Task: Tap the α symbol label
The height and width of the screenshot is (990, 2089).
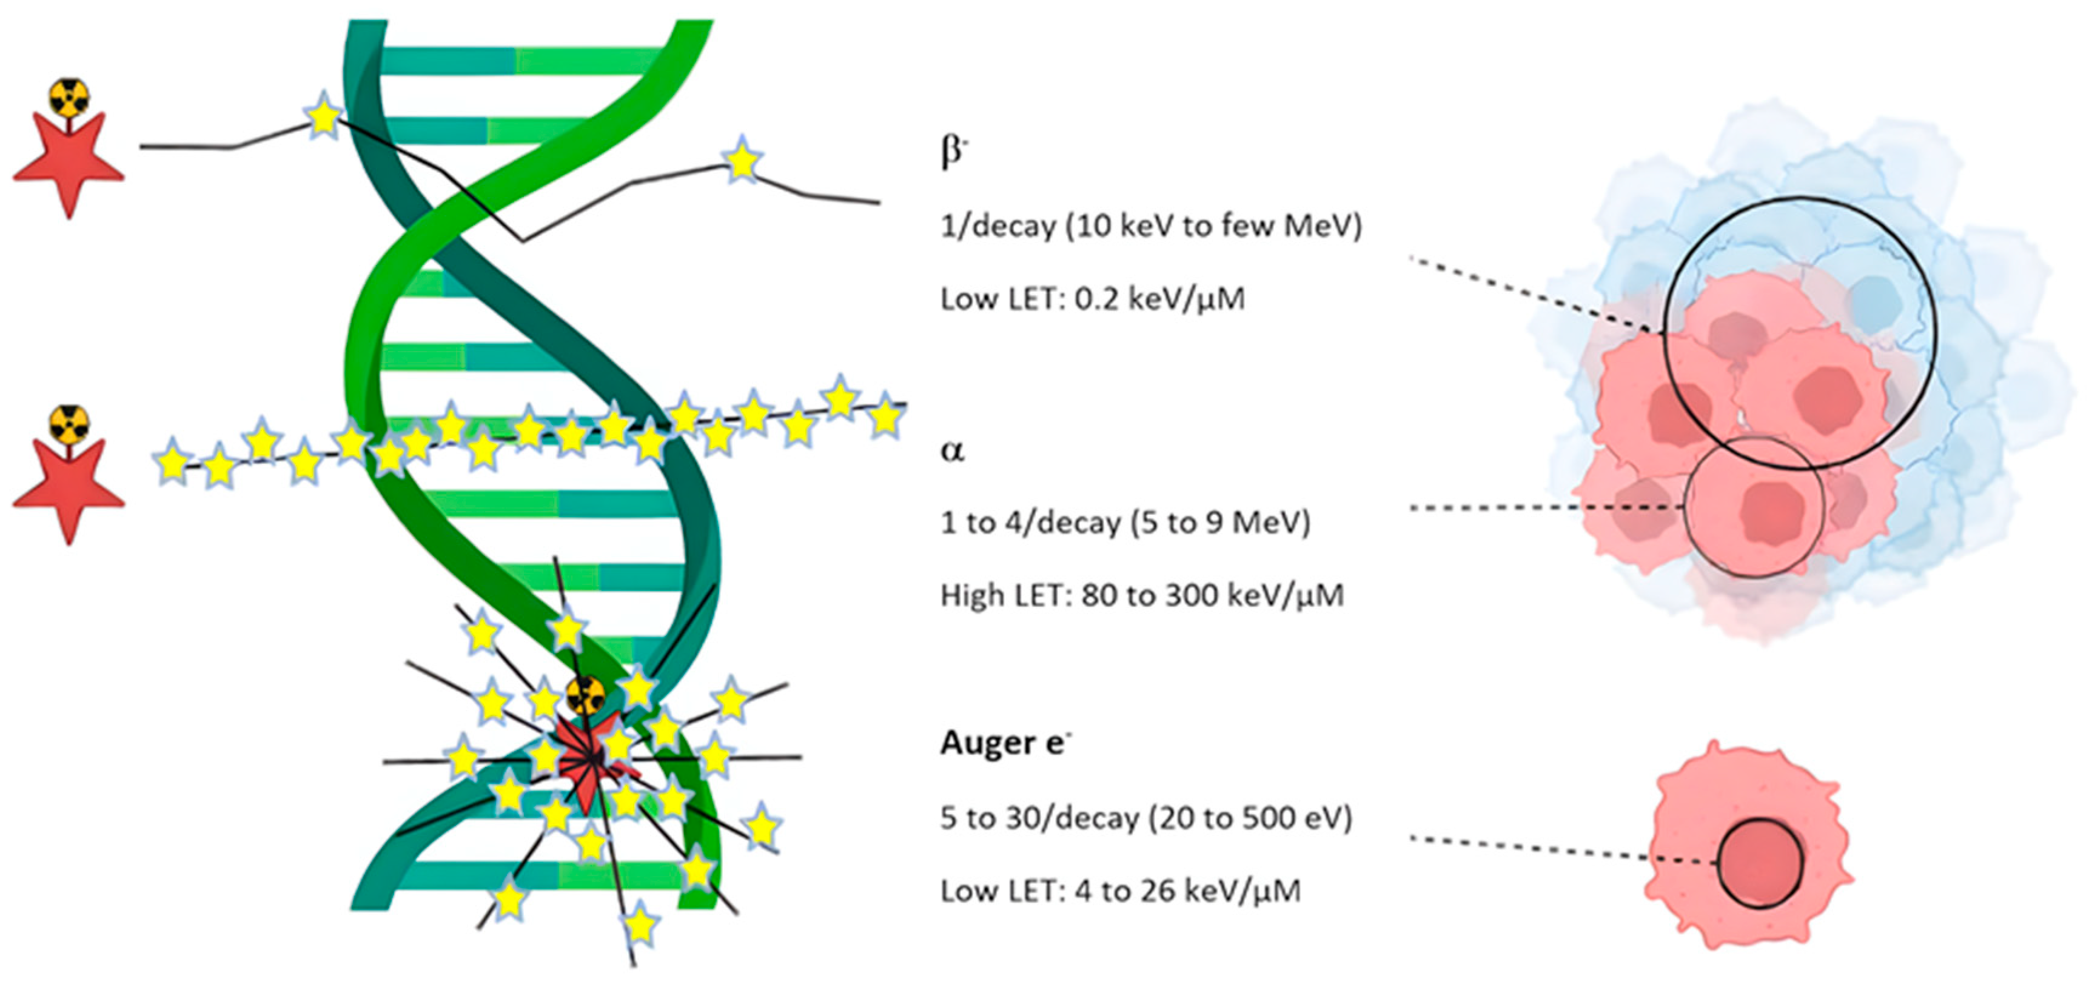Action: pyautogui.click(x=952, y=449)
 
